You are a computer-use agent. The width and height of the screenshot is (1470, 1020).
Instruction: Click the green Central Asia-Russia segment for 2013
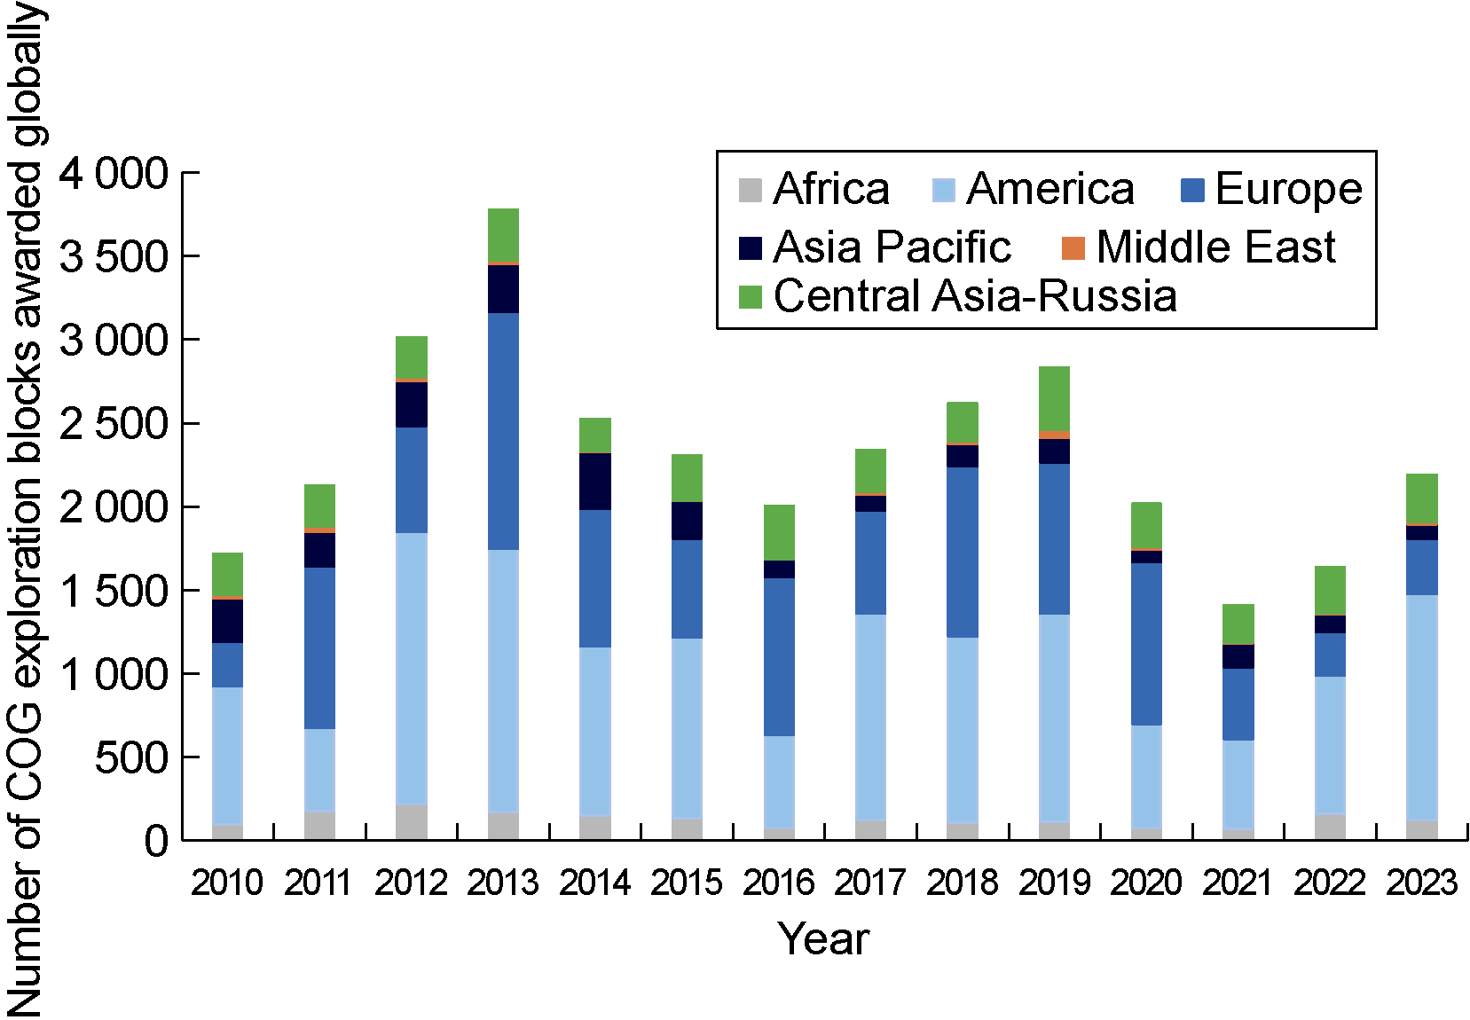point(503,236)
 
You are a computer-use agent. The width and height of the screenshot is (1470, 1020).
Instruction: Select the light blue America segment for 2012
point(412,668)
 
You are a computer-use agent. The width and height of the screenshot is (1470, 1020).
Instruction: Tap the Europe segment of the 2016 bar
point(779,656)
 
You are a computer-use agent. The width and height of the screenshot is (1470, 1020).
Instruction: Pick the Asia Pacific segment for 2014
point(595,481)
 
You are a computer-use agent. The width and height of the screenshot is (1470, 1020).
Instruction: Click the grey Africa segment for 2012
point(412,821)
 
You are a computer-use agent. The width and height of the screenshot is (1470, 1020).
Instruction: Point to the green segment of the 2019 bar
point(1054,398)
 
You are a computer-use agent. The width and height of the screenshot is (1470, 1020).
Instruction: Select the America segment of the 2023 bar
point(1422,707)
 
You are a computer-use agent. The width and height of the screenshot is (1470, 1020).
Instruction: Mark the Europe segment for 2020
point(1146,644)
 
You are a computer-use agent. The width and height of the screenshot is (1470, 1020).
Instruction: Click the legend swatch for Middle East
point(1073,248)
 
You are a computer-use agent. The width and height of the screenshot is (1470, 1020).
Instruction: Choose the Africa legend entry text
point(830,189)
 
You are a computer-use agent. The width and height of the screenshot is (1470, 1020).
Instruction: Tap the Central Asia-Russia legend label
point(975,295)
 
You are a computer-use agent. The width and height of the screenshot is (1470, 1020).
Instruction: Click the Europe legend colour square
point(1193,190)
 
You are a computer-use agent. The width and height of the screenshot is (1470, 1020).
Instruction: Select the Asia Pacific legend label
point(892,247)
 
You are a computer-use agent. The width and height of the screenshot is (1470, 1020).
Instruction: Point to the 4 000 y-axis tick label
point(114,174)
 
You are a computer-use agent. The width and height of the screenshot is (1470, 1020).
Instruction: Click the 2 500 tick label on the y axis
point(114,424)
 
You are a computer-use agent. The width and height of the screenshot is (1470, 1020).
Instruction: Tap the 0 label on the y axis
point(156,841)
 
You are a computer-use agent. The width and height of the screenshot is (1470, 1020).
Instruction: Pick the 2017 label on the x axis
point(870,883)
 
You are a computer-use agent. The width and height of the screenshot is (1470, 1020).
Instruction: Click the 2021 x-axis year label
point(1238,883)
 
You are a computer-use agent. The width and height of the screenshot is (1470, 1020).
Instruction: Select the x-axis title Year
point(823,939)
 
